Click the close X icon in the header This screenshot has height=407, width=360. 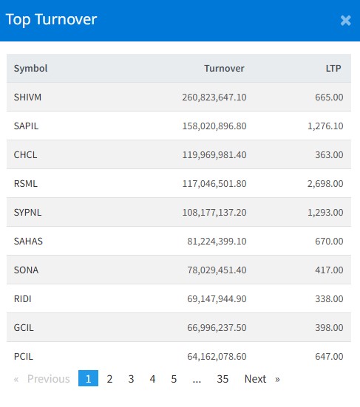click(x=346, y=21)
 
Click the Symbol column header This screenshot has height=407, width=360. click(x=30, y=69)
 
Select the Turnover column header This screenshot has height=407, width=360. click(x=224, y=69)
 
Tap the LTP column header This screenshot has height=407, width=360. click(x=333, y=69)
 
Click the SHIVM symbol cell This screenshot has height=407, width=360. click(x=27, y=98)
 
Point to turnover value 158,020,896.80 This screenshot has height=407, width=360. click(x=214, y=126)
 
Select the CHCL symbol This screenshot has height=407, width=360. click(x=25, y=155)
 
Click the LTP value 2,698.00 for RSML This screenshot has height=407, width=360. click(x=325, y=184)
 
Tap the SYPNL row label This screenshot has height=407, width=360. click(x=27, y=213)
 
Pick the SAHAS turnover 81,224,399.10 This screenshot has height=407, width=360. click(x=217, y=242)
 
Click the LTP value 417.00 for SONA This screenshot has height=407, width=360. click(x=330, y=270)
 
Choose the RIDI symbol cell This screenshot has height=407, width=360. click(x=23, y=299)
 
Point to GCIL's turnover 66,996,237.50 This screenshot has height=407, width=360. click(x=217, y=328)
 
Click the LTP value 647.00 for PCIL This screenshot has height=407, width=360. click(x=330, y=357)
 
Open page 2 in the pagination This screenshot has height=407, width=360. click(x=109, y=379)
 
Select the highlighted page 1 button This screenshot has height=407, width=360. click(x=88, y=378)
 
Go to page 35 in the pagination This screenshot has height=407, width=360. click(x=223, y=379)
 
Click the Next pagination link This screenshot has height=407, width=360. click(x=255, y=379)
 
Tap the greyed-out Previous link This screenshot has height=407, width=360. click(x=49, y=379)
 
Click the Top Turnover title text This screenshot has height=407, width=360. click(x=51, y=20)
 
